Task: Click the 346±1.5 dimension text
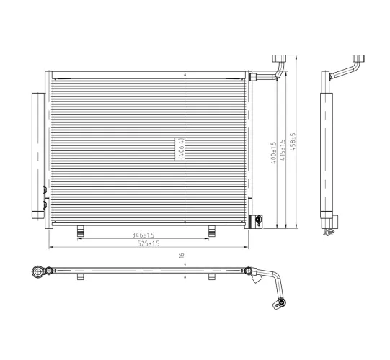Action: point(143,235)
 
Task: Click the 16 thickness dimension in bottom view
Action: point(183,254)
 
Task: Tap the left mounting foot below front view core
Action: point(81,230)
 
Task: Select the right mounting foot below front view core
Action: point(212,230)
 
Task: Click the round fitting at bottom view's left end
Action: point(39,271)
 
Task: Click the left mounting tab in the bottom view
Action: point(81,277)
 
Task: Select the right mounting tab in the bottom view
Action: point(212,277)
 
